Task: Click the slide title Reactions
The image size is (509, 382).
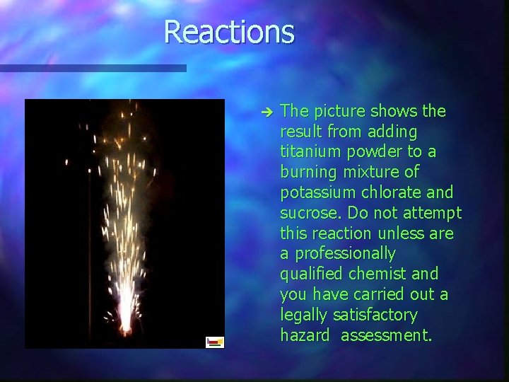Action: pyautogui.click(x=228, y=33)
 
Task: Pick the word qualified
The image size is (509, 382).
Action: pyautogui.click(x=310, y=274)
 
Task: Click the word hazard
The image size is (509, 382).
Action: pyautogui.click(x=305, y=335)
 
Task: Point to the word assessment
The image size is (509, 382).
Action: pyautogui.click(x=386, y=335)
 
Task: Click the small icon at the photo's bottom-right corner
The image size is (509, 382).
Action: pyautogui.click(x=215, y=342)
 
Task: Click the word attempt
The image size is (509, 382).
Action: pyautogui.click(x=433, y=213)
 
